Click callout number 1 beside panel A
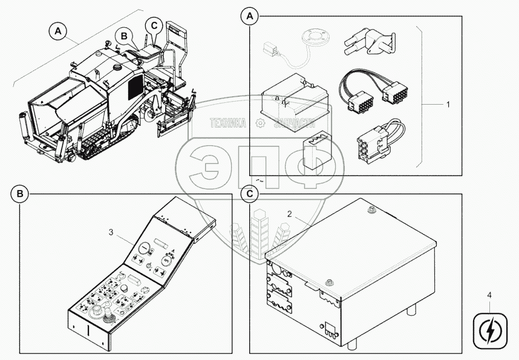click(x=448, y=104)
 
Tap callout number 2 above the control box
click(x=290, y=214)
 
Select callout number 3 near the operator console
click(x=111, y=231)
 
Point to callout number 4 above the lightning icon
click(x=490, y=297)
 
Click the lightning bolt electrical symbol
click(x=489, y=330)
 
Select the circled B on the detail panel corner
click(x=20, y=194)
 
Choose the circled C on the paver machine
click(x=154, y=25)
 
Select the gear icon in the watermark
click(x=261, y=123)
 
